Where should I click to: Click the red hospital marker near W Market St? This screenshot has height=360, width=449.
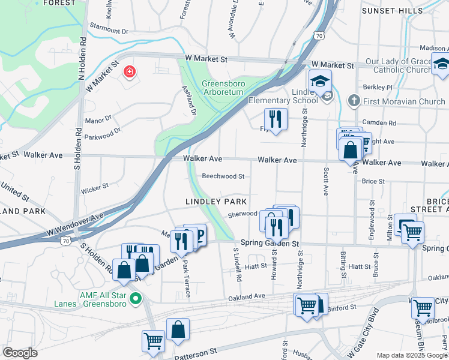(x=128, y=73)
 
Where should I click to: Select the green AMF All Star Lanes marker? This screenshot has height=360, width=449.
(x=136, y=298)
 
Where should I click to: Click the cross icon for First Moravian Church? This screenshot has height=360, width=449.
(x=354, y=101)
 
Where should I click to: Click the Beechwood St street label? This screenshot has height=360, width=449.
(x=223, y=176)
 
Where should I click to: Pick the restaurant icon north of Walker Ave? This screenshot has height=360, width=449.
(x=276, y=119)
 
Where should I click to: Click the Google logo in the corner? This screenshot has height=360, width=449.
(x=20, y=353)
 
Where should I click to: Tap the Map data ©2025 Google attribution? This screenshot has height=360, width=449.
(x=412, y=355)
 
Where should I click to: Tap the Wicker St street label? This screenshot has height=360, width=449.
(x=95, y=191)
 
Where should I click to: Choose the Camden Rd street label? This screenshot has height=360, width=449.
(x=384, y=122)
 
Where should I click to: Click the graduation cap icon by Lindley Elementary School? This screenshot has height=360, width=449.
(x=321, y=81)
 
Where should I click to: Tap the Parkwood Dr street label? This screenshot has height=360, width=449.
(x=104, y=130)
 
